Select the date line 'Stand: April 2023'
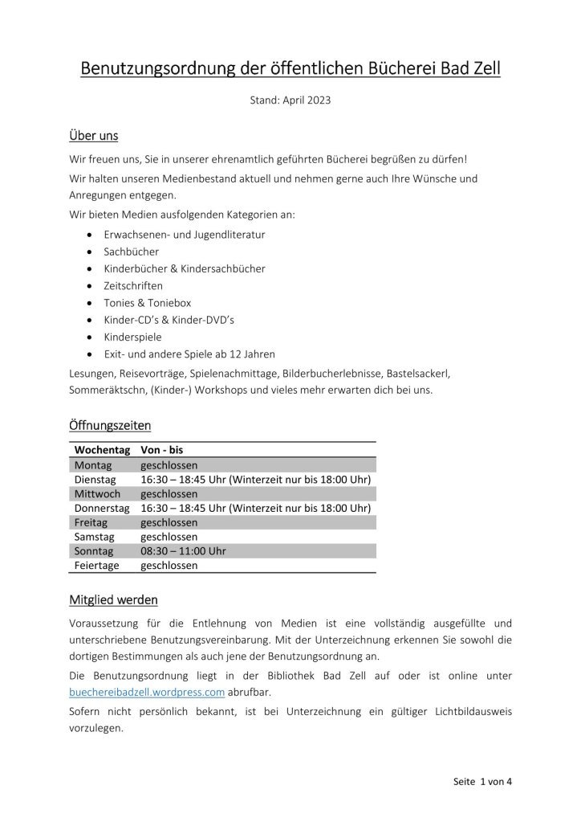click(x=290, y=101)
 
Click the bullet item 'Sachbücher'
click(x=131, y=252)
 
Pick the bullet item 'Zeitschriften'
click(x=133, y=285)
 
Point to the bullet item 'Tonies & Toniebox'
click(x=145, y=302)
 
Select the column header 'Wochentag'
click(x=102, y=451)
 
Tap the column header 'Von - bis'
click(x=162, y=451)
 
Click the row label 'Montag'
click(x=94, y=465)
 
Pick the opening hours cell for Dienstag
click(x=255, y=480)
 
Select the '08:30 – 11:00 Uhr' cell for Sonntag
click(x=183, y=551)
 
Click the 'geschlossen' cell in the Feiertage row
click(x=169, y=566)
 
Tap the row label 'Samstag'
click(x=95, y=537)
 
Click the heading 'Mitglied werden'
click(x=114, y=600)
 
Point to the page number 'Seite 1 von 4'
click(x=477, y=780)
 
